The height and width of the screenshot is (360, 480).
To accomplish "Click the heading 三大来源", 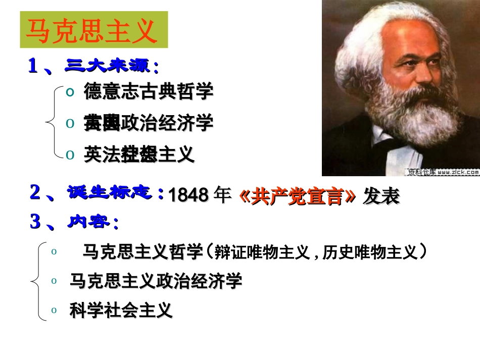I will (111, 66).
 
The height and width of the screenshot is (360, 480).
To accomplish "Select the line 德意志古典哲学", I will (149, 91).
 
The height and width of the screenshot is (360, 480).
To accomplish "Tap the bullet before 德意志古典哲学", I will (70, 91).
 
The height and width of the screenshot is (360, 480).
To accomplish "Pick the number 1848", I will (187, 195).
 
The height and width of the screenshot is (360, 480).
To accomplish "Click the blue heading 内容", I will (93, 222).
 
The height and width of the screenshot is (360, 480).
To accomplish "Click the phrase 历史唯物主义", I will (371, 251).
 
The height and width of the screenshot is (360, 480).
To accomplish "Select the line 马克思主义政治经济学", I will (156, 281).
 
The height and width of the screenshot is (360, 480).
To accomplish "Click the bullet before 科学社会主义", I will (55, 311).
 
